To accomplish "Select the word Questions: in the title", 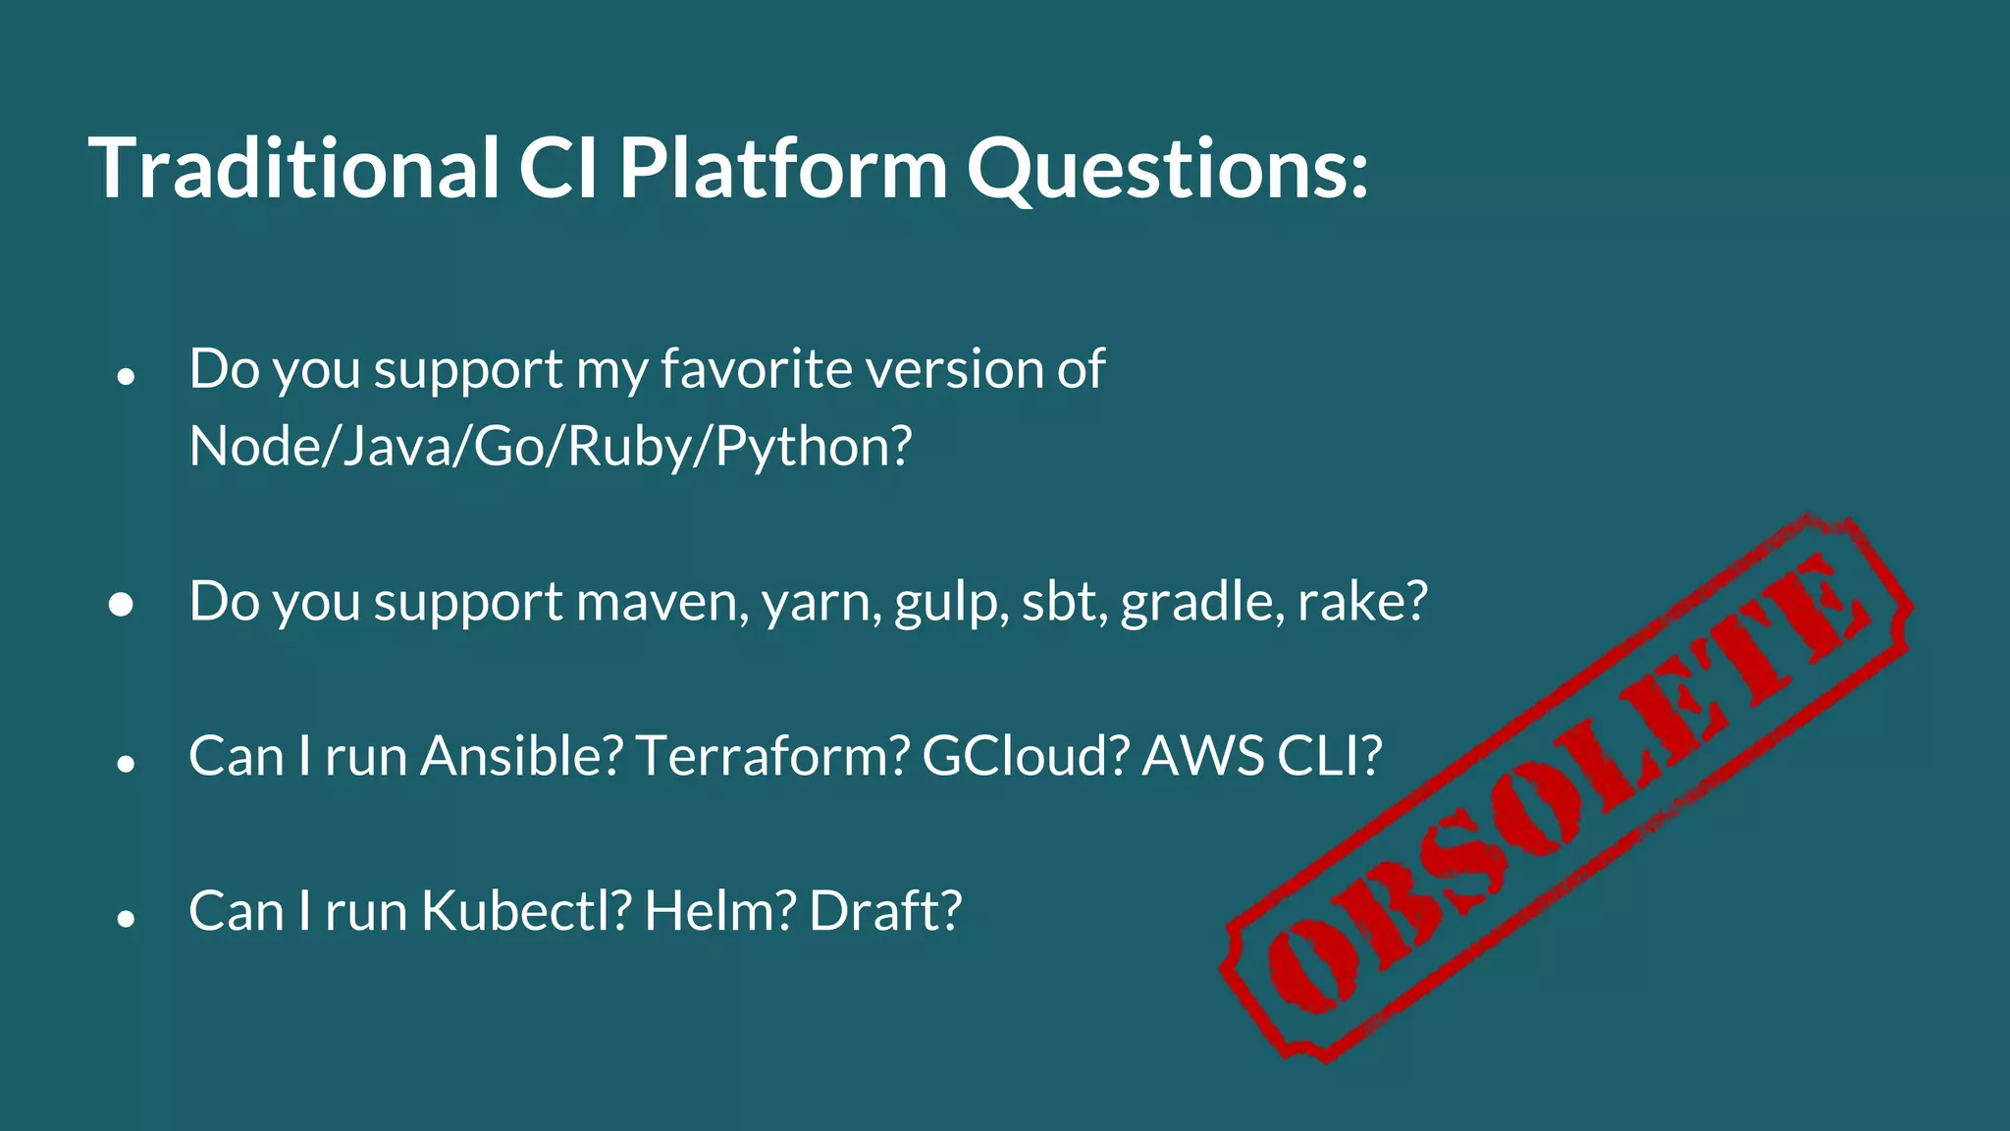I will tap(1167, 169).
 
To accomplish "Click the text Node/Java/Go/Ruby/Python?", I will tap(550, 447).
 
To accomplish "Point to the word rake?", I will tap(1362, 601).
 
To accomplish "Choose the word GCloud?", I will tap(1025, 756).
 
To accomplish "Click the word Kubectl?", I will tap(525, 911).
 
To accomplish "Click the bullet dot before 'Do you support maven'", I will tap(122, 605).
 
